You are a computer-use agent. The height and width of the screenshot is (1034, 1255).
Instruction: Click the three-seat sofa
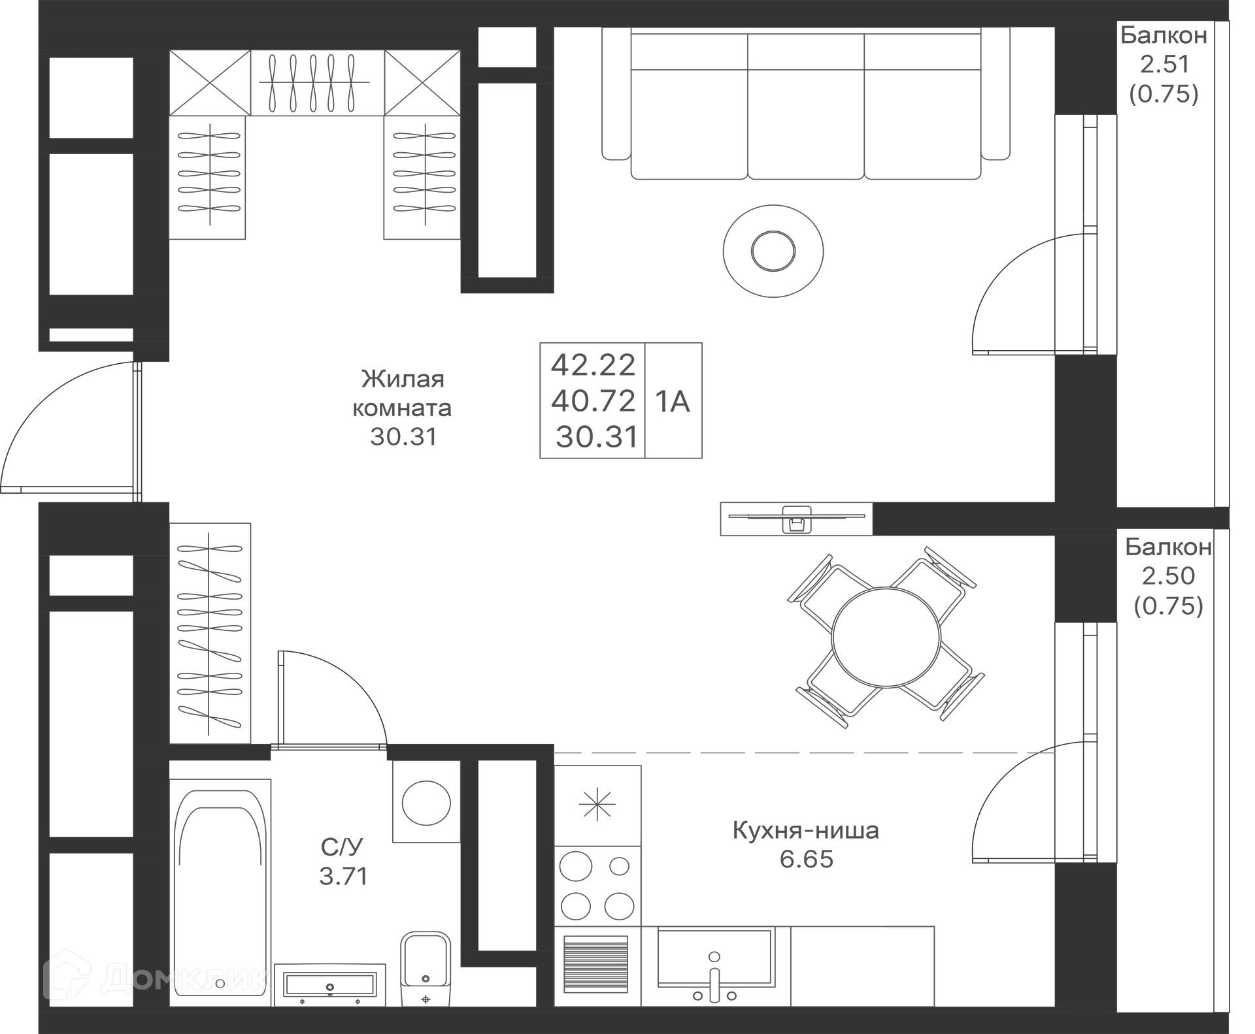click(805, 105)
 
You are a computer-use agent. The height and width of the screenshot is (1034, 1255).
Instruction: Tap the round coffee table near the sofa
click(773, 251)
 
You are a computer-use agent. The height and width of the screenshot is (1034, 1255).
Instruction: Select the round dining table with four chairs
click(886, 637)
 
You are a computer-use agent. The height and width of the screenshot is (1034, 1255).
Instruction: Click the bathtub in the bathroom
click(220, 892)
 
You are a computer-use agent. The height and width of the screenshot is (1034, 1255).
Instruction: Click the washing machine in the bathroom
click(426, 802)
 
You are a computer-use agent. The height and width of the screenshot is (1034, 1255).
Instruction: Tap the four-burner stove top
click(597, 886)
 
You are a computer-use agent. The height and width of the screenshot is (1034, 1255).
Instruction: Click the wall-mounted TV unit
click(796, 519)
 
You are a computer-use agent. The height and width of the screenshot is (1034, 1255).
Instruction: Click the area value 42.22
click(593, 364)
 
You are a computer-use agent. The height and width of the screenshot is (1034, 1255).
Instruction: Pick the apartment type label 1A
click(673, 402)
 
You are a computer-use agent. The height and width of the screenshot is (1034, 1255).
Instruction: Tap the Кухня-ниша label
click(805, 830)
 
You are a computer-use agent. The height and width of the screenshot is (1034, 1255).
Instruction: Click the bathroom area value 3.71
click(344, 876)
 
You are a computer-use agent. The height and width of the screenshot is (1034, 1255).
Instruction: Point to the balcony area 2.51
click(1164, 64)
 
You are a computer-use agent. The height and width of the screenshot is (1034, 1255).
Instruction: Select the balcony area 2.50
click(1168, 575)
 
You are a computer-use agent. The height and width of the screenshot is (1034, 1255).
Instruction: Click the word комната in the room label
click(402, 408)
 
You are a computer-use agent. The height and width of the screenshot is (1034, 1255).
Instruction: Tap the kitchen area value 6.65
click(806, 859)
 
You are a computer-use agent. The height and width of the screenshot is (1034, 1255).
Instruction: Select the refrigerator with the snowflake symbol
click(597, 805)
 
